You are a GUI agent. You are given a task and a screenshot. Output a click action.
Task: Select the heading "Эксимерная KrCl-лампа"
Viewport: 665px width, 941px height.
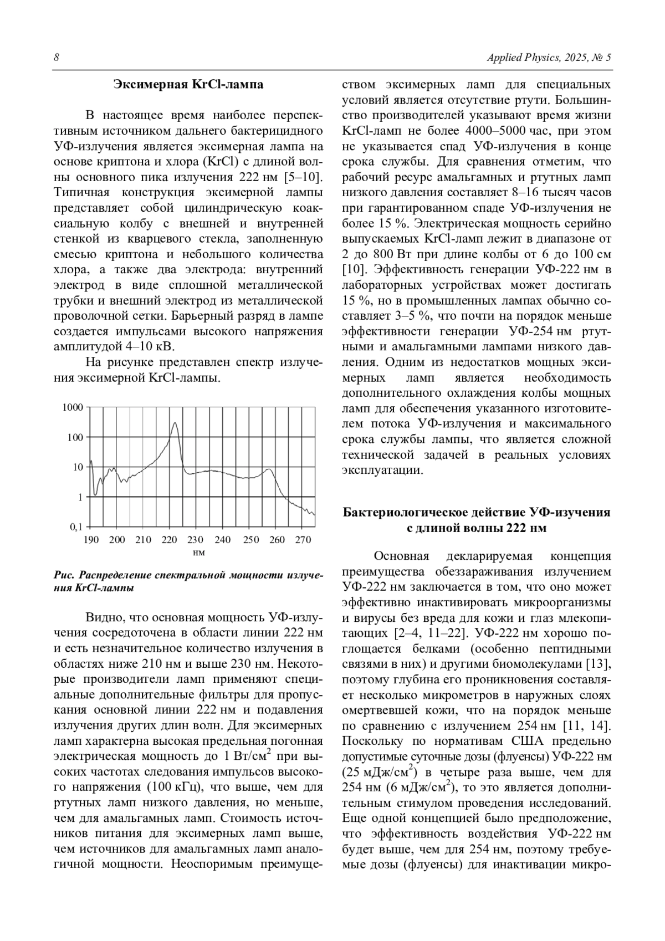188,85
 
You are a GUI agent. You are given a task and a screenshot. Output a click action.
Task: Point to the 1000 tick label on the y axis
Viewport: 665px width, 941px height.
72,407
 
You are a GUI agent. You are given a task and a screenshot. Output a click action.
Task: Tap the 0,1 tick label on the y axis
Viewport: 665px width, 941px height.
75,526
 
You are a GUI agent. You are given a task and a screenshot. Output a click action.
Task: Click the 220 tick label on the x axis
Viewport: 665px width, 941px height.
170,540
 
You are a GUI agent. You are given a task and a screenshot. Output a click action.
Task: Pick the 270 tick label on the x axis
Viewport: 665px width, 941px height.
302,540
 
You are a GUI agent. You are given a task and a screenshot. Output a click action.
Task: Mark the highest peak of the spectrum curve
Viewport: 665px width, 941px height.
175,423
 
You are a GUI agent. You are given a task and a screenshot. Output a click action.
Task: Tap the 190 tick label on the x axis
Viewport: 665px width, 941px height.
91,540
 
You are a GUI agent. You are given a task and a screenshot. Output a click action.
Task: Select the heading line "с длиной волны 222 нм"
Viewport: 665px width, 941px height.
477,528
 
